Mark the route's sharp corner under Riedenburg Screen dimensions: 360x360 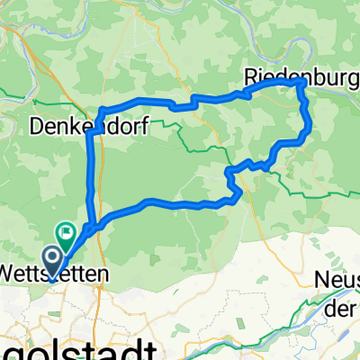298,83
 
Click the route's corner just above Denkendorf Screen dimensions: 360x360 101,111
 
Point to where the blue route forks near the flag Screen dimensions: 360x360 88,226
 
